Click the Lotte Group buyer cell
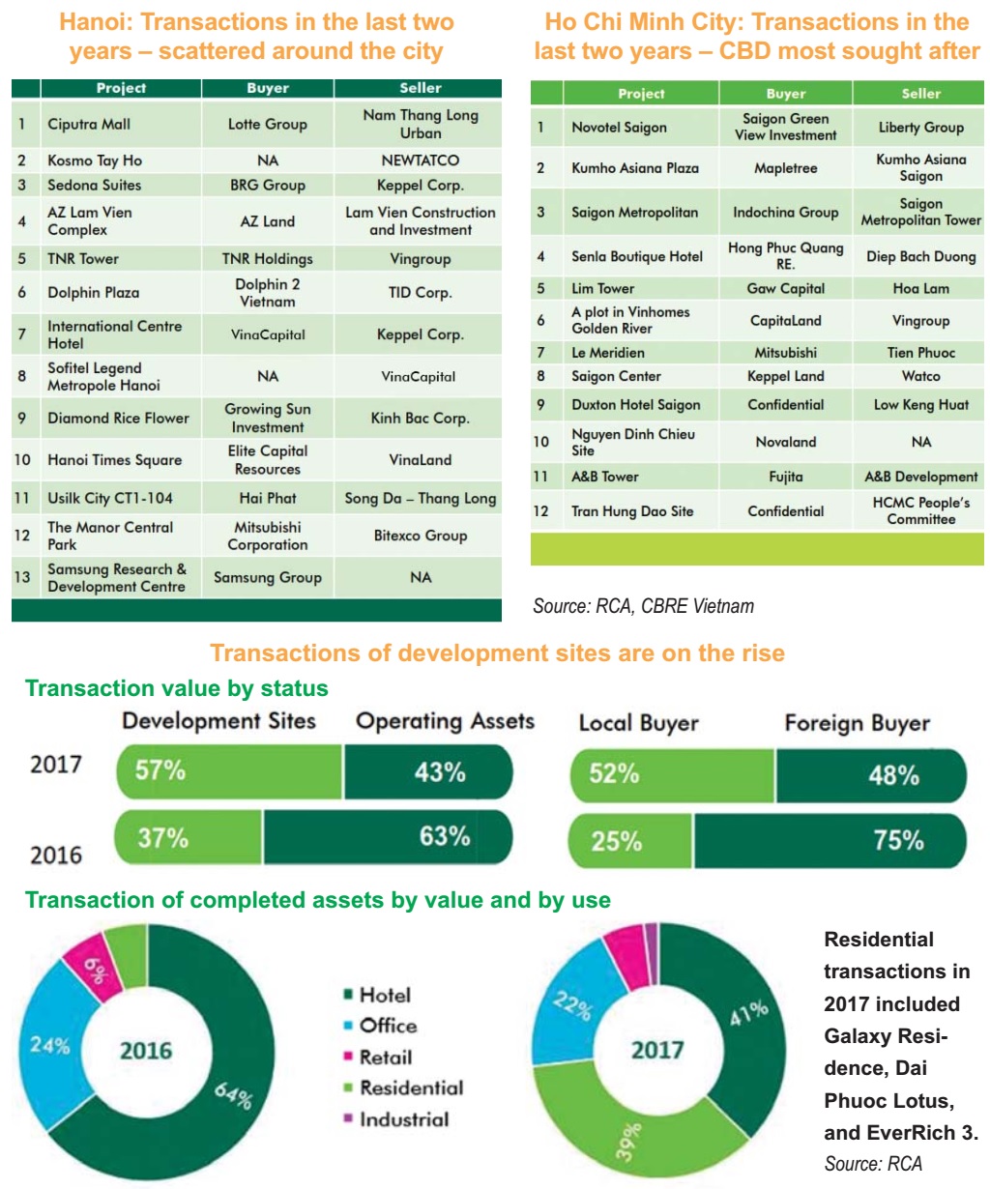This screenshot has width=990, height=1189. point(268,124)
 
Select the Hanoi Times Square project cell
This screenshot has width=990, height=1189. point(114,460)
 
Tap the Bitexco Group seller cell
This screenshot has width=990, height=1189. point(420,536)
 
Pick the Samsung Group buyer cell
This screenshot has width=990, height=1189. point(268,577)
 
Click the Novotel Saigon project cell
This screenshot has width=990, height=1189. point(619,128)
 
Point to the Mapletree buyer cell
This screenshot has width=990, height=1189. point(785,168)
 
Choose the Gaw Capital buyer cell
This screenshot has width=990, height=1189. point(785,288)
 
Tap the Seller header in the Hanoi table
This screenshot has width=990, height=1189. point(420,88)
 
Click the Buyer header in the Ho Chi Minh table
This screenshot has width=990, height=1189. point(785,94)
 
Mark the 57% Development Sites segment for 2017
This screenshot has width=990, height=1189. point(229,771)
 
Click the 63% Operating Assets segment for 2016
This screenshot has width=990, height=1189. point(387,836)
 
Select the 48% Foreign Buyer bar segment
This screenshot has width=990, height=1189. point(870,775)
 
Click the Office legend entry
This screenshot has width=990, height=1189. point(388,1026)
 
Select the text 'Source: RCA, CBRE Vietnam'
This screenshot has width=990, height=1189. point(643,606)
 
